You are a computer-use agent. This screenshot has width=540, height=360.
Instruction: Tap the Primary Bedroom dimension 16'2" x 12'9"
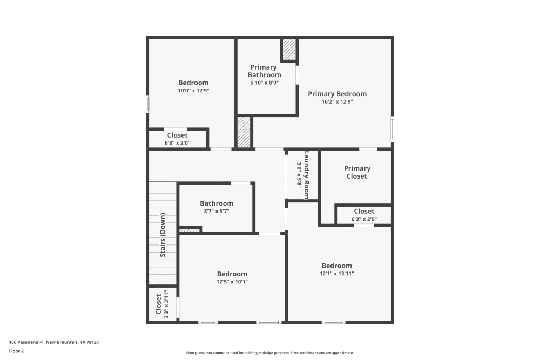coord(337,101)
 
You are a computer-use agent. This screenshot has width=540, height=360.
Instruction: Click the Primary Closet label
coord(357,172)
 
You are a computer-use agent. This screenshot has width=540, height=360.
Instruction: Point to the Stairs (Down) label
coord(163,235)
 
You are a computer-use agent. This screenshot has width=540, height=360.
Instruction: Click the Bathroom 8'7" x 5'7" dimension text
coord(217,212)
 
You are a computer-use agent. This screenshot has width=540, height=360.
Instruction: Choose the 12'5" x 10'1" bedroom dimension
coord(232,282)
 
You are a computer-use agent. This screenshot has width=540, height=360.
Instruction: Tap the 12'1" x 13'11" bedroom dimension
coord(337,274)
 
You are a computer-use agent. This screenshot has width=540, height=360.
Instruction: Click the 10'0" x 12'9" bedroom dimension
coord(193,91)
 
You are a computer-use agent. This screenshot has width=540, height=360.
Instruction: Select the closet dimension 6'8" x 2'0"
coord(178,143)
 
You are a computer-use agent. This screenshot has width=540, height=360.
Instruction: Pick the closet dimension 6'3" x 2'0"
coord(364,219)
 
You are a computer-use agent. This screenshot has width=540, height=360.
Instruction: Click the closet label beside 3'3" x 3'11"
coord(158,304)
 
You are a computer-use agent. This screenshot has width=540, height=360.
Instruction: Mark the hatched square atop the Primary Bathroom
coord(290,50)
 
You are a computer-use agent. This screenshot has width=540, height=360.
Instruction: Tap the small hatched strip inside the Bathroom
coord(190,230)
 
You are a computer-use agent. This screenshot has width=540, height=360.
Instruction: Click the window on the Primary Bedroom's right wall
coord(393,129)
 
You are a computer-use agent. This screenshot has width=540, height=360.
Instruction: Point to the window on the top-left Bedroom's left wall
coord(147,104)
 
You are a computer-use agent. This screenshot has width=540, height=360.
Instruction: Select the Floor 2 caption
coord(16,351)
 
